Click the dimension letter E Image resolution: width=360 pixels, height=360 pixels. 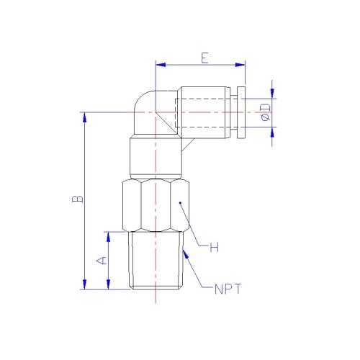(x=204, y=58)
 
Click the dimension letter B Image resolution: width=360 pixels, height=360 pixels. (x=78, y=199)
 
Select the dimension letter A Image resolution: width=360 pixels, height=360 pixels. (x=102, y=260)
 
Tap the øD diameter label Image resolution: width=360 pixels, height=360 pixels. (x=265, y=112)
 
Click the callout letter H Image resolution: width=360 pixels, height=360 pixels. (x=215, y=247)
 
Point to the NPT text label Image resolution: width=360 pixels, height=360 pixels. (x=228, y=289)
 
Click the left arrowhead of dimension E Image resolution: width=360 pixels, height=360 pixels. (x=161, y=65)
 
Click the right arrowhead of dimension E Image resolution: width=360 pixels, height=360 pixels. (x=240, y=65)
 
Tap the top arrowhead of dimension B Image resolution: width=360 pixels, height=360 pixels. (x=84, y=117)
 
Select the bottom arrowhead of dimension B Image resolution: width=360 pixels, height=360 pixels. (x=84, y=284)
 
